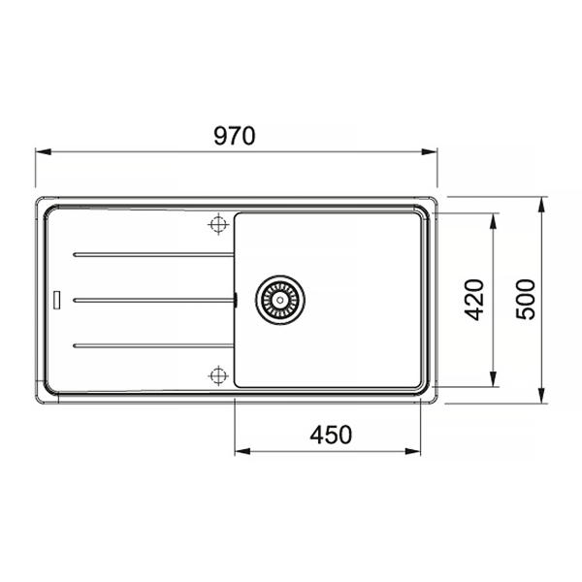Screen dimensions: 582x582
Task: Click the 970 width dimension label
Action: (235, 136)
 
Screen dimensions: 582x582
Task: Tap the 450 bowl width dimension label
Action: (331, 435)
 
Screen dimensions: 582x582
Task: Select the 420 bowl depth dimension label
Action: (474, 300)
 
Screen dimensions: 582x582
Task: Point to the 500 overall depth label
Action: (526, 299)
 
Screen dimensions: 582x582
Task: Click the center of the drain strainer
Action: (280, 300)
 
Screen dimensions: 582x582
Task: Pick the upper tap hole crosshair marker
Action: (218, 224)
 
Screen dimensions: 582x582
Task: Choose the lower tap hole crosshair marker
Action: (218, 375)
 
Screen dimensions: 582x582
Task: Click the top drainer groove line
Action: (153, 254)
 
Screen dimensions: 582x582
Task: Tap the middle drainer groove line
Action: (154, 300)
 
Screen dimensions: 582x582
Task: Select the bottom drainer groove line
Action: (153, 346)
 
